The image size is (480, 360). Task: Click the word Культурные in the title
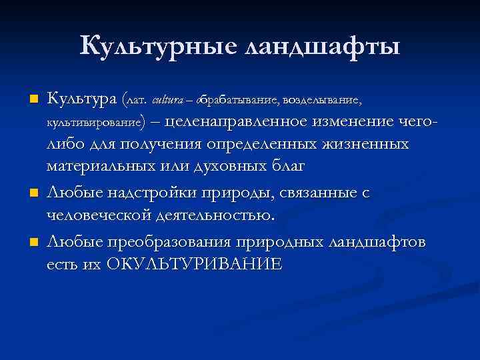click(158, 46)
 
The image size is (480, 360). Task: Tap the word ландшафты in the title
click(323, 47)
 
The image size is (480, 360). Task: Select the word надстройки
click(144, 193)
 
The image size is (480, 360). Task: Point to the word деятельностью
click(215, 216)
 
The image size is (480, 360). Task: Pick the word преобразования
click(163, 241)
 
